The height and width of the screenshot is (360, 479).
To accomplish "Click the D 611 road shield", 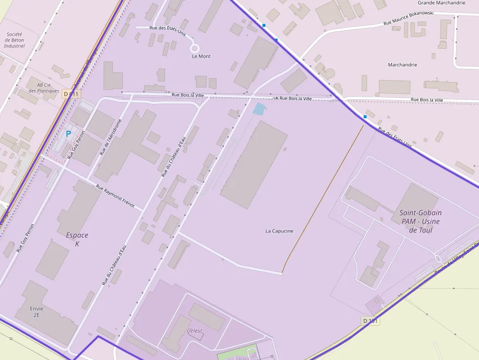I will coord(70,94).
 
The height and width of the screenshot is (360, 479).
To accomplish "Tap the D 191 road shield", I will coord(371,320).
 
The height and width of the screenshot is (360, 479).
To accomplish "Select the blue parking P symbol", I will coord(68,133).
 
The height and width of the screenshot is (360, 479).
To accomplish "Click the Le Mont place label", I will coord(201,56).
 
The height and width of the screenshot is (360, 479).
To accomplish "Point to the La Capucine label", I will coord(279,231).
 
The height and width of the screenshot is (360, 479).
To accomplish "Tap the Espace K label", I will coord(77,239).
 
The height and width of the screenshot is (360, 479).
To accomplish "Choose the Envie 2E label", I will coord(36,312).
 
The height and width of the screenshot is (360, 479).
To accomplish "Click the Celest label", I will coord(195,331).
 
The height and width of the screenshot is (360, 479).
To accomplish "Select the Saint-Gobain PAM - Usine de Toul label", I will coord(420,221).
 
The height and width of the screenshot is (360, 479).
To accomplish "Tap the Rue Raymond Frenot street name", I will coord(115,196).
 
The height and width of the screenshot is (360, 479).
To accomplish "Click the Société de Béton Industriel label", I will coord(14,40).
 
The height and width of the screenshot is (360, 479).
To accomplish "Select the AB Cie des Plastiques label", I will coord(44,87).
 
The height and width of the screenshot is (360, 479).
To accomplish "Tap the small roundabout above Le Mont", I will coord(195,48).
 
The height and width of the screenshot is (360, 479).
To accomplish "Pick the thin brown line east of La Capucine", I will coord(323,198).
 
